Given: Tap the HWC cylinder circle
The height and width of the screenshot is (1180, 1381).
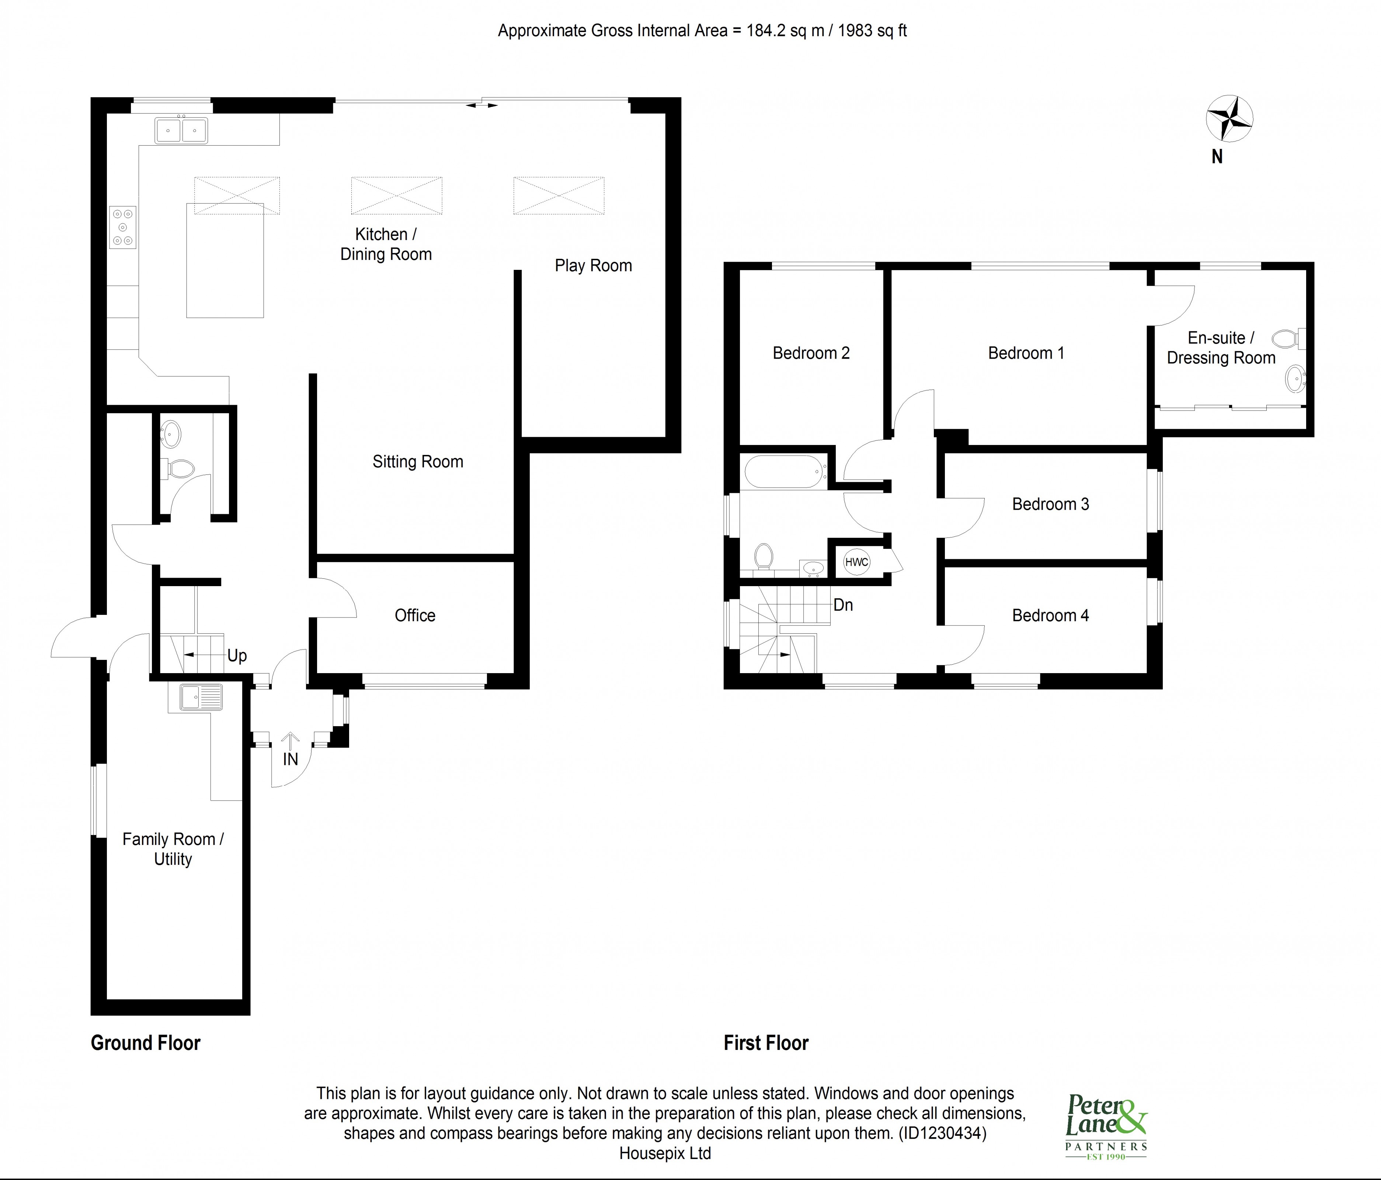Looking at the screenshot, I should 856,562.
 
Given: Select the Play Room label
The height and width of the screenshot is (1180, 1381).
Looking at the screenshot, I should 593,266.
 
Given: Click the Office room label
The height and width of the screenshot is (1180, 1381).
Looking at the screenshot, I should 415,616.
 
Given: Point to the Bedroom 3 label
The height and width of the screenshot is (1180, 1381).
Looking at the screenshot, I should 1050,504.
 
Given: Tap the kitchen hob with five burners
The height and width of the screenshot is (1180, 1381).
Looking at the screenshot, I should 123,227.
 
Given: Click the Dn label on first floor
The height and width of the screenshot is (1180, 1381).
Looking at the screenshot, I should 843,605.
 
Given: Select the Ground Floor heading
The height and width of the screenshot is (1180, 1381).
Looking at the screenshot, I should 145,1043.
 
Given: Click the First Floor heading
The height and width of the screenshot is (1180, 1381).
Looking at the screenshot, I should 766,1043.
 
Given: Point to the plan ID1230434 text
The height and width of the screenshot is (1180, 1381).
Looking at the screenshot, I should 942,1133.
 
